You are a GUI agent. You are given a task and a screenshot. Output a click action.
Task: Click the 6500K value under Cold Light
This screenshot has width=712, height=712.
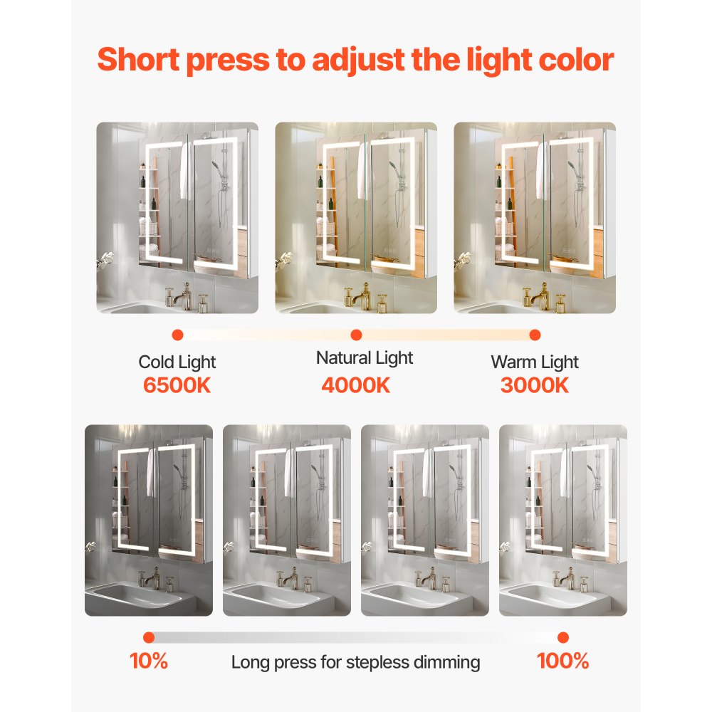(177, 385)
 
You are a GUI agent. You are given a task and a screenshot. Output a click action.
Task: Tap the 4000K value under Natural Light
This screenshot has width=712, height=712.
(356, 385)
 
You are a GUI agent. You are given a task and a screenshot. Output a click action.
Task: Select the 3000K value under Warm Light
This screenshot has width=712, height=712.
(535, 385)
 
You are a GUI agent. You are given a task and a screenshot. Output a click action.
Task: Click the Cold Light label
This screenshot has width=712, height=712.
(177, 362)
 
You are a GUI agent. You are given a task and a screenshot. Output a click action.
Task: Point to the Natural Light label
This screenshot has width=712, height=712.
(365, 357)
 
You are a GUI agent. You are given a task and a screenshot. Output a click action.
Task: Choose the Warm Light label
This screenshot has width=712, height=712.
(535, 362)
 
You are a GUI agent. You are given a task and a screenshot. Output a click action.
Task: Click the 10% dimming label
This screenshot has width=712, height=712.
(149, 661)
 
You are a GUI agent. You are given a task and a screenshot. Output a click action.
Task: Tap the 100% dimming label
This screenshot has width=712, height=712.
(562, 661)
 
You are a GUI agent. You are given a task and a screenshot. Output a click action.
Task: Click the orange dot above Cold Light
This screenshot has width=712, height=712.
(177, 335)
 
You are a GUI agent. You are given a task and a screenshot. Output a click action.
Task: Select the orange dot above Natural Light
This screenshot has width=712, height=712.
(357, 335)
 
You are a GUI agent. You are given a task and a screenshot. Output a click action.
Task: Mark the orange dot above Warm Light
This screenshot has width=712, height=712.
(535, 335)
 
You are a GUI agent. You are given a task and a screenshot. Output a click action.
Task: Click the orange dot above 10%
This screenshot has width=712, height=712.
(149, 637)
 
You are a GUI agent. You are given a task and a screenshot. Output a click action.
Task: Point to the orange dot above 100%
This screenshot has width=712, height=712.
(563, 637)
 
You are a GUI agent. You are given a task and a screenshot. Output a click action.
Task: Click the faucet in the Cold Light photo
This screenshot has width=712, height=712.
(182, 295)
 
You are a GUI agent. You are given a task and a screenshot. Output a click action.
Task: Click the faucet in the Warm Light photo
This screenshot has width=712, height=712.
(540, 295)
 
